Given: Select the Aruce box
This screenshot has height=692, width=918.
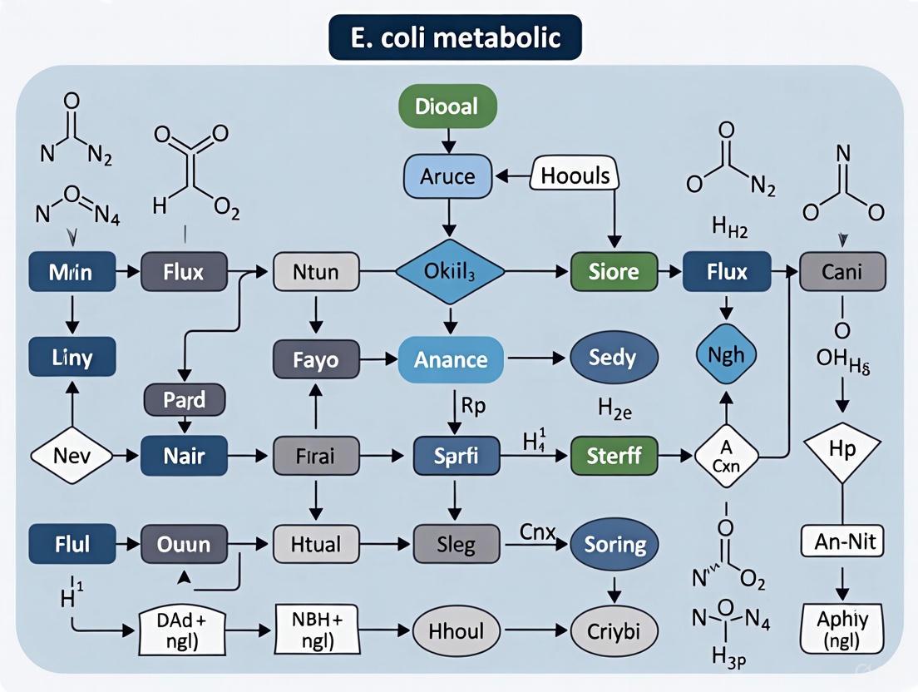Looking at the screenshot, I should [448, 176].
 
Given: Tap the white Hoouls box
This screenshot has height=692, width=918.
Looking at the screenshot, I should [575, 175].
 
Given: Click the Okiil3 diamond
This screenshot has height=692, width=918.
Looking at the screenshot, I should [449, 272].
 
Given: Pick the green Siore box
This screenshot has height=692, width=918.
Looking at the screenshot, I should [614, 272].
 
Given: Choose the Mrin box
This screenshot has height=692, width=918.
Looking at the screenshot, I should [71, 272].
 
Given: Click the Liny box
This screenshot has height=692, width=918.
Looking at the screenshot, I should [71, 358].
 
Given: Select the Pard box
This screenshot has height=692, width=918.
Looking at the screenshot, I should [184, 399].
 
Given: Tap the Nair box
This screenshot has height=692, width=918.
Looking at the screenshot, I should [184, 456].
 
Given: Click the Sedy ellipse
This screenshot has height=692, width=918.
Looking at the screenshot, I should [614, 358].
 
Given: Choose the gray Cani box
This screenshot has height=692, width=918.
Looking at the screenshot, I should [842, 272].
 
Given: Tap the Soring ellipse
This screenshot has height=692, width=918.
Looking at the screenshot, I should [614, 545].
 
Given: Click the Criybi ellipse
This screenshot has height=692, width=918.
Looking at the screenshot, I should [614, 629].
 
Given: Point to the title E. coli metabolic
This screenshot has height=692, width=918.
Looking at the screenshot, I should [455, 37].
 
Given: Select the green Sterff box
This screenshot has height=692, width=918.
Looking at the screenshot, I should [614, 456].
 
